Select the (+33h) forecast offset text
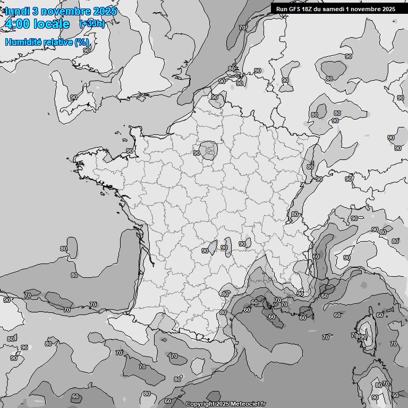(91, 23)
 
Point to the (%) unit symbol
(81, 42)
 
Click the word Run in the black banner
(282, 9)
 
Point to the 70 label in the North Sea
(242, 28)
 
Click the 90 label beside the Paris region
(197, 153)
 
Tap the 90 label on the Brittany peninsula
(130, 151)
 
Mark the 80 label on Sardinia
(378, 385)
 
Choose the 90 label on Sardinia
(375, 397)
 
